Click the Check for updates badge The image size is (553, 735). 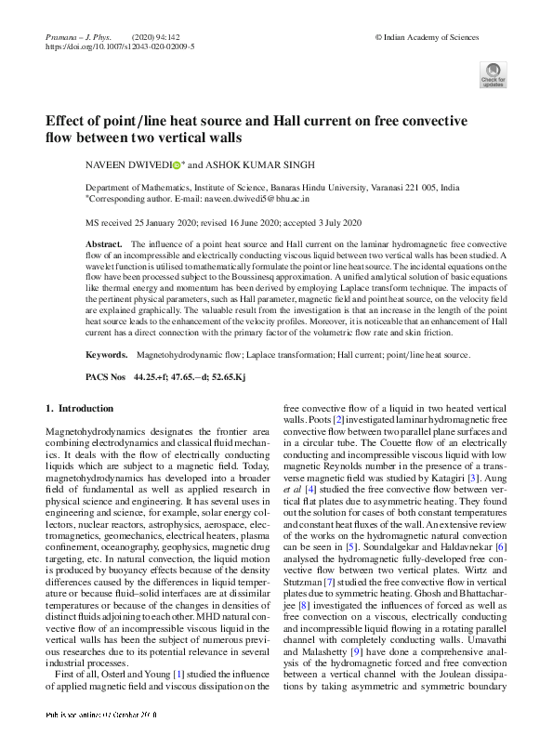pos(493,74)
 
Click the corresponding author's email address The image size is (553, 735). pos(265,199)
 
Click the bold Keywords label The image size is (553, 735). pos(107,355)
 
